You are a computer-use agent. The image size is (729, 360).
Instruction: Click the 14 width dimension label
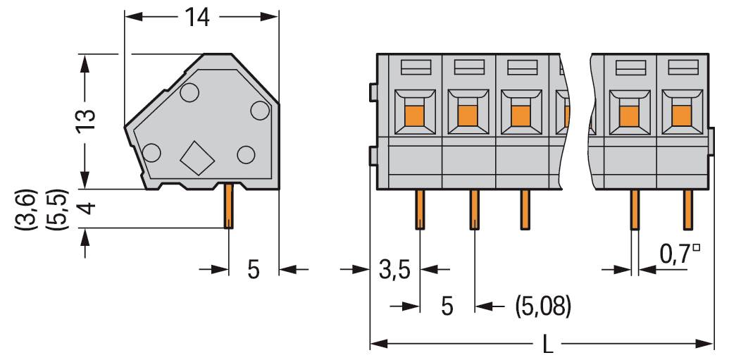point(198,17)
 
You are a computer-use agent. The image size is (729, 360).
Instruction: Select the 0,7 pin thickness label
point(675,252)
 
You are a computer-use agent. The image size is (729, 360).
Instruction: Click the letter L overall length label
point(549,345)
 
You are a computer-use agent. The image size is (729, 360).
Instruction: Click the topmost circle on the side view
point(189,92)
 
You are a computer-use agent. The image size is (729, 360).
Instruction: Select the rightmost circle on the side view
point(260,110)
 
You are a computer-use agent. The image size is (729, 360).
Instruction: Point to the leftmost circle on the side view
point(151,151)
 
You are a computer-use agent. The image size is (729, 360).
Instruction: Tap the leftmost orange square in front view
point(415,114)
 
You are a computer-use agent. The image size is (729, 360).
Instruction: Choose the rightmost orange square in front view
point(680,114)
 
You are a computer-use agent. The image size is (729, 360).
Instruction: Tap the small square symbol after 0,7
point(696,247)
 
